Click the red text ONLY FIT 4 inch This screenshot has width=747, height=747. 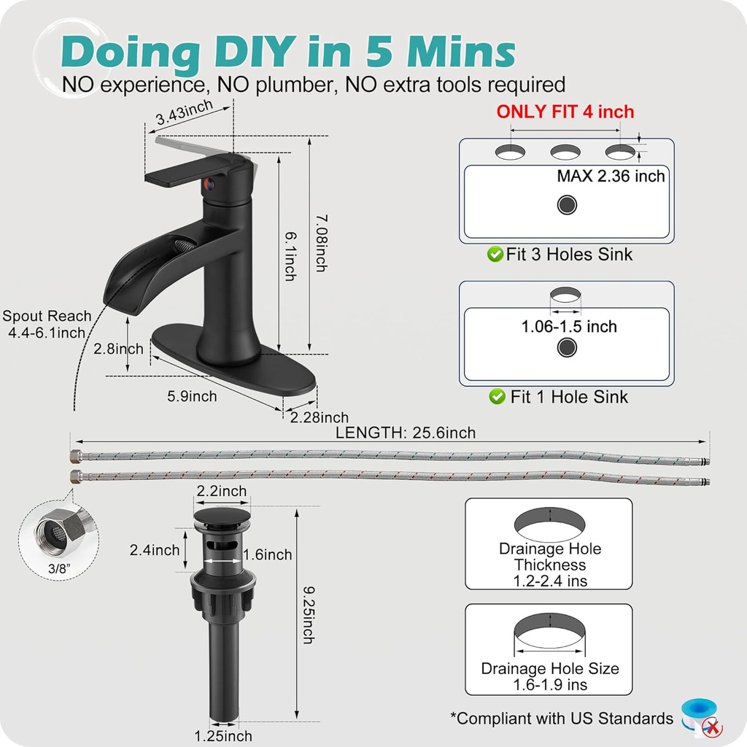[565, 112]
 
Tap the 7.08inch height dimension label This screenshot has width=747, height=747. [322, 243]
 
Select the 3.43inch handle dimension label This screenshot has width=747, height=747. [185, 112]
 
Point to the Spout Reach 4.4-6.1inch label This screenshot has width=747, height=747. [47, 324]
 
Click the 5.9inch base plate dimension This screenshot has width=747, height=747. [192, 396]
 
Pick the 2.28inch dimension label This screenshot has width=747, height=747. [320, 417]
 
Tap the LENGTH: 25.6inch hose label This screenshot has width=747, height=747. [406, 433]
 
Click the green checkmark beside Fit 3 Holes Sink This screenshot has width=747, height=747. [495, 255]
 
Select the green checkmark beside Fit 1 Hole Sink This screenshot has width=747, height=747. [497, 396]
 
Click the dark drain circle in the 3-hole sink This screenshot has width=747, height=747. [567, 205]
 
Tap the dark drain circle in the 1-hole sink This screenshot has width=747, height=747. [567, 347]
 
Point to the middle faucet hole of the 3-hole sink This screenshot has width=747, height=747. [565, 152]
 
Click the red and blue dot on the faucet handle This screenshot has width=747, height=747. [209, 184]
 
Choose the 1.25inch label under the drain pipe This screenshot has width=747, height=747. [223, 736]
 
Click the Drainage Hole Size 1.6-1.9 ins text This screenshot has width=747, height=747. [550, 676]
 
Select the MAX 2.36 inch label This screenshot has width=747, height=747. [611, 177]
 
